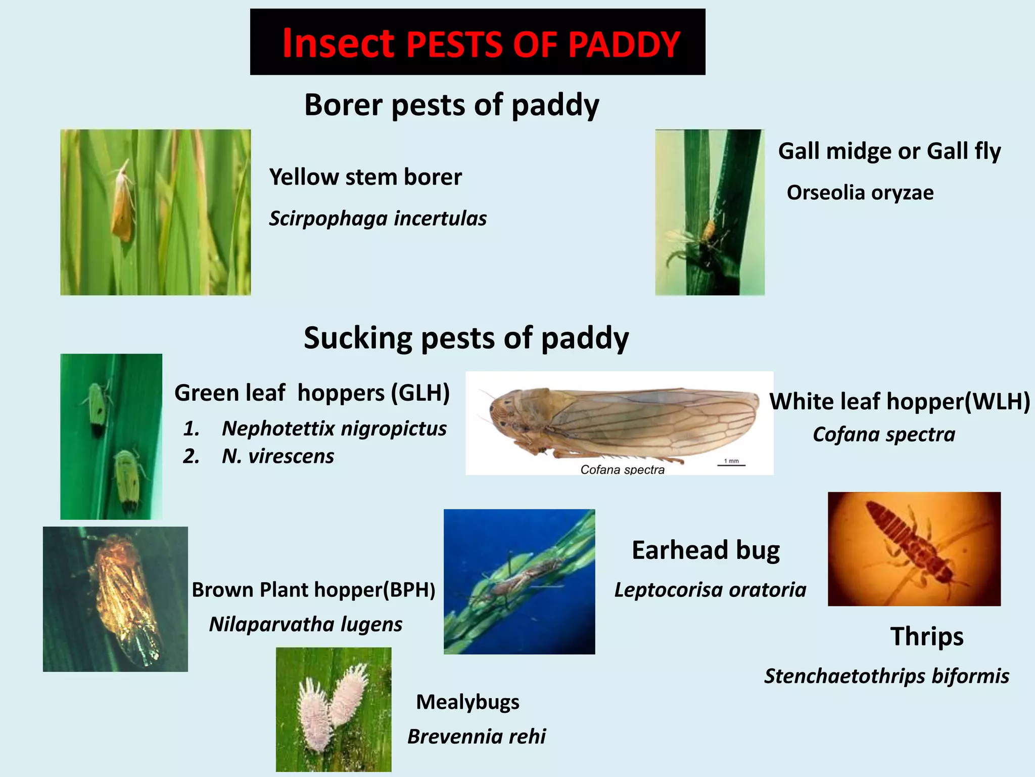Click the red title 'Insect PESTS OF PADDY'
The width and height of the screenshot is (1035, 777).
tap(480, 44)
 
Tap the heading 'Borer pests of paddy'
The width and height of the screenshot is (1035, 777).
tap(451, 105)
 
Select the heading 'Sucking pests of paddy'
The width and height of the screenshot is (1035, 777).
tap(466, 337)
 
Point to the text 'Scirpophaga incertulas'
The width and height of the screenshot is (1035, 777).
tap(378, 218)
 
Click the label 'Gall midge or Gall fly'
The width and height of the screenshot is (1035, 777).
tap(889, 151)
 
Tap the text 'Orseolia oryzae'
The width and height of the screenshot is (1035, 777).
tap(860, 192)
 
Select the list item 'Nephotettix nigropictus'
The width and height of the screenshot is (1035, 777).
tap(334, 428)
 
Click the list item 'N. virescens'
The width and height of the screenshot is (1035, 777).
tap(277, 456)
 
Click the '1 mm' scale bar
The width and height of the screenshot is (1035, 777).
tap(731, 462)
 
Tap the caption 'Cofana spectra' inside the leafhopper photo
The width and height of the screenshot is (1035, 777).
tap(622, 469)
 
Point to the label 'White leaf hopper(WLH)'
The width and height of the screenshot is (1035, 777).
tap(900, 401)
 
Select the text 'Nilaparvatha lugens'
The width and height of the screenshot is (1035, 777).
tap(306, 624)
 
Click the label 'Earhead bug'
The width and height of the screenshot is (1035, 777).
tap(705, 550)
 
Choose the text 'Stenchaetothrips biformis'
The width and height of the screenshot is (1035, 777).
tap(886, 676)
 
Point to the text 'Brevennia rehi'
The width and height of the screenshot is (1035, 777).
tap(477, 737)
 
